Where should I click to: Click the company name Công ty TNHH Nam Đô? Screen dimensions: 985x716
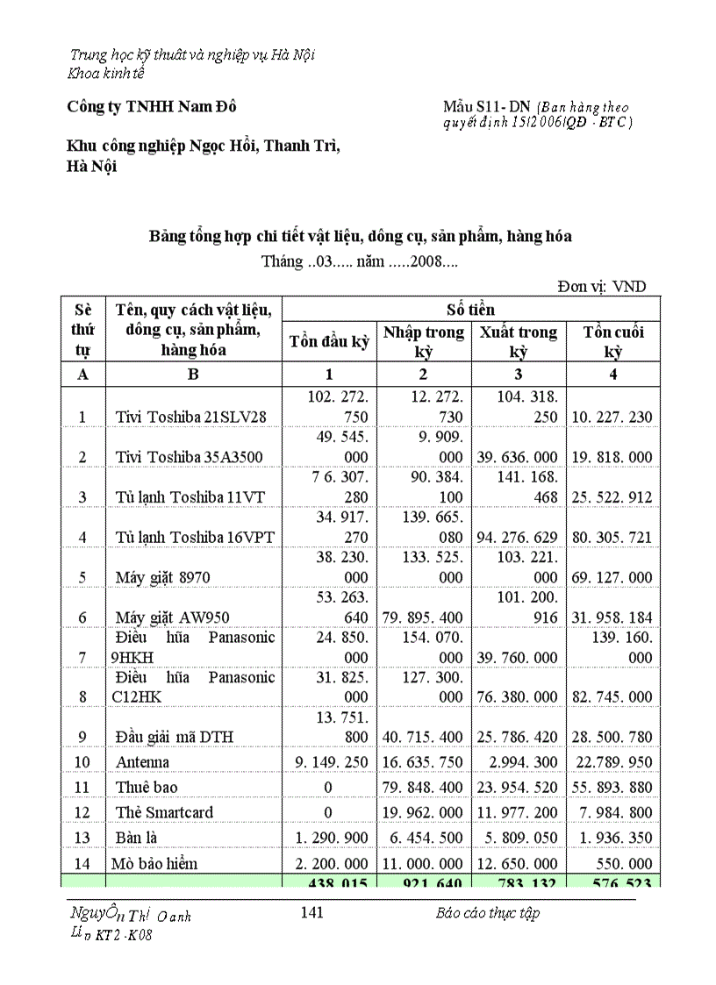[x=152, y=106]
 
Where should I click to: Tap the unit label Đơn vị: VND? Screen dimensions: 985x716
[x=604, y=286]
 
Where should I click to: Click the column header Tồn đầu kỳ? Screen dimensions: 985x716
[x=329, y=341]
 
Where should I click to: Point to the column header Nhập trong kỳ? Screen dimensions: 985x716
[x=424, y=341]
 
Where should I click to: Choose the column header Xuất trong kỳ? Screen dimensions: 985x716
[x=518, y=341]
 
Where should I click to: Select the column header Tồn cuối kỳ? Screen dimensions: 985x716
[x=612, y=341]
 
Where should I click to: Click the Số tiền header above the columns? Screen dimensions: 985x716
[x=470, y=309]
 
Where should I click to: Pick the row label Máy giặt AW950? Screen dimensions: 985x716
[x=168, y=617]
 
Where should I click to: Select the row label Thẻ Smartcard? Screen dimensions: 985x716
[x=164, y=812]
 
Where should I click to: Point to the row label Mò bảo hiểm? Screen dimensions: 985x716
[x=154, y=863]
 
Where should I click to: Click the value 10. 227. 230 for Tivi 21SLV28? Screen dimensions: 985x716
[x=612, y=417]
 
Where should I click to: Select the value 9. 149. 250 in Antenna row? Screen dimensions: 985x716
[x=329, y=761]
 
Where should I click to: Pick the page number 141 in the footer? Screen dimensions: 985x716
[x=311, y=912]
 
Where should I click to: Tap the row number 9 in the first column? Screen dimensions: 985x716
[x=82, y=737]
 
